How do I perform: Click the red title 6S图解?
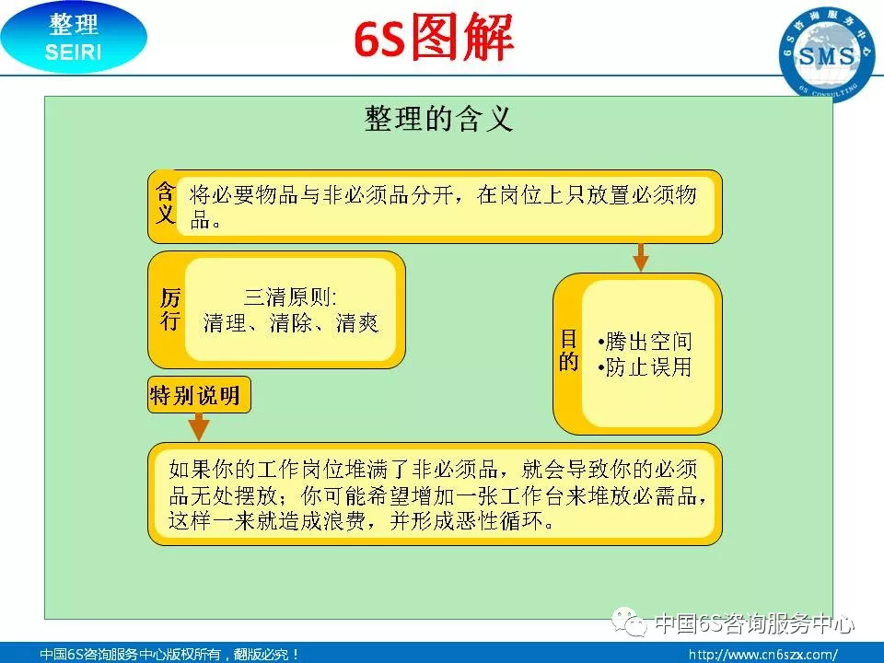pos(434,38)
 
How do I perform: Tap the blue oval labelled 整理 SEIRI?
pos(74,38)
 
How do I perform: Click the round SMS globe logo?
pos(827,54)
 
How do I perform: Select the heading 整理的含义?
pos(438,119)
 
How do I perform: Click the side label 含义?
pos(166,203)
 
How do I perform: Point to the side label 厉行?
pos(170,309)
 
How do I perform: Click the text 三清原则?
pos(291,297)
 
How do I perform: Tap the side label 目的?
pos(569,351)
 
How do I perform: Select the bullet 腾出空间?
pos(645,341)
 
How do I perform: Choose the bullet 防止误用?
pos(645,367)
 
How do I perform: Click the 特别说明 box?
pos(199,395)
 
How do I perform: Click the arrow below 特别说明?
pos(199,426)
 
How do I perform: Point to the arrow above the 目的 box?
pos(641,258)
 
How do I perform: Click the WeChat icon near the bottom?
pos(629,622)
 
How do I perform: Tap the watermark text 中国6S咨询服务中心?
pos(754,623)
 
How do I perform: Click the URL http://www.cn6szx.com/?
pos(762,655)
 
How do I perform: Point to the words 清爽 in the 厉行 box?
pos(357,323)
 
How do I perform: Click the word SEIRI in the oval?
pos(74,52)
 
